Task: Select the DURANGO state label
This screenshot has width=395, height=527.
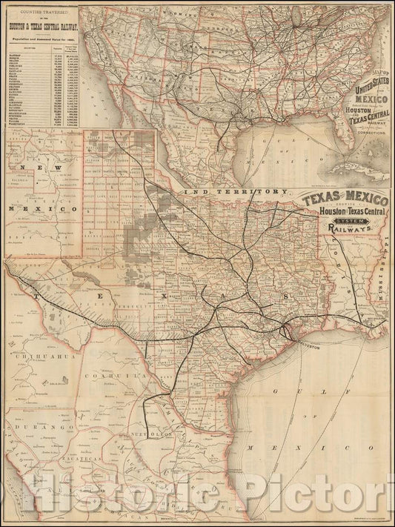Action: [30, 429]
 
